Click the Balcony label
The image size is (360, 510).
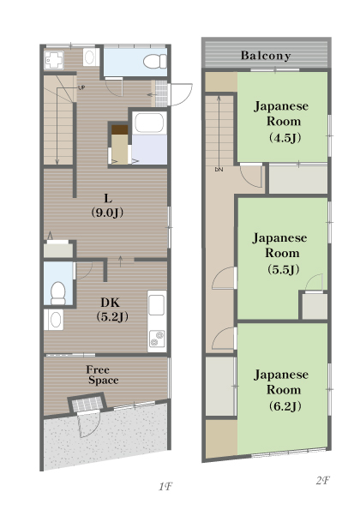click(x=266, y=56)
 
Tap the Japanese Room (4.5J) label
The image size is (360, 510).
click(x=282, y=122)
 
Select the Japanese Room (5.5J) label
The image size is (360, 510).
click(x=280, y=254)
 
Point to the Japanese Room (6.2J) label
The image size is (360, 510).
click(x=282, y=390)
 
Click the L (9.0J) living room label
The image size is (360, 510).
click(x=107, y=206)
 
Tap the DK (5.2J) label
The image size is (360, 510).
click(x=112, y=309)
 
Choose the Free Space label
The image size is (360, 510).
click(x=103, y=375)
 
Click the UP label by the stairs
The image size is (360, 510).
click(x=81, y=87)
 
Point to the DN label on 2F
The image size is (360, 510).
click(x=219, y=170)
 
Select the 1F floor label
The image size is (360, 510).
click(x=165, y=487)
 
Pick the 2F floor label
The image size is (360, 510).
click(x=322, y=480)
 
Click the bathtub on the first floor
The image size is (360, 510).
click(x=149, y=123)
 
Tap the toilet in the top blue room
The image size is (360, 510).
click(x=155, y=62)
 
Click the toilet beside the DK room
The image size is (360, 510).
click(x=58, y=293)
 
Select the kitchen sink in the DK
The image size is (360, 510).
click(x=156, y=305)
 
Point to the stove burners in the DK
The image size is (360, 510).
click(x=157, y=339)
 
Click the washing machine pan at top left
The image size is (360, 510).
click(x=53, y=60)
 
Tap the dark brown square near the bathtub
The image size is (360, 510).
click(x=120, y=129)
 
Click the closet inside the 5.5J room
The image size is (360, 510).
click(x=314, y=305)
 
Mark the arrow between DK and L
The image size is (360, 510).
click(x=121, y=261)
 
